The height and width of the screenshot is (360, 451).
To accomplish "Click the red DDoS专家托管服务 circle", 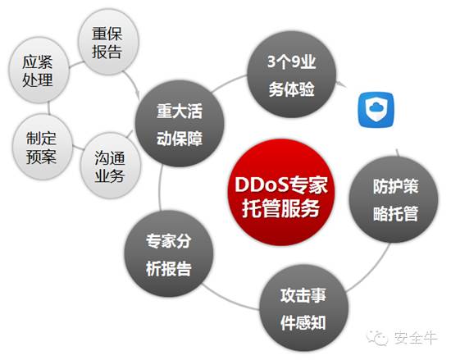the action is click(x=280, y=192).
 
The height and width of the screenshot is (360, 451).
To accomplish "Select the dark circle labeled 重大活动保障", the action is click(x=180, y=124).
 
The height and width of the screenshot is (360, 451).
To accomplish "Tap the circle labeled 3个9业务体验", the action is click(x=292, y=74).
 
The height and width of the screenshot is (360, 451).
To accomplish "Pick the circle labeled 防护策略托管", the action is click(x=394, y=199).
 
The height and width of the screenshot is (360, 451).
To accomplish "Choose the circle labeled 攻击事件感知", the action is click(x=303, y=308).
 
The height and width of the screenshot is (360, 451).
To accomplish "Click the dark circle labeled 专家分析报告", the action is click(x=169, y=254).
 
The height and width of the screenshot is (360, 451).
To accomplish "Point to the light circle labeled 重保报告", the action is click(x=108, y=42).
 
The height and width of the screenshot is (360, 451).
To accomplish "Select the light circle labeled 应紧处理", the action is click(x=39, y=71).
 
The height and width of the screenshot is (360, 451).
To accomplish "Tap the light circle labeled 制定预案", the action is click(x=43, y=147).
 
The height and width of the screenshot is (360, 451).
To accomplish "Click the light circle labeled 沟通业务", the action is click(x=111, y=166).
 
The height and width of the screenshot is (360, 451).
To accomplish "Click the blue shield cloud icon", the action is click(x=376, y=109).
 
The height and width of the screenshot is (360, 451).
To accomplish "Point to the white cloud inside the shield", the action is click(x=376, y=107).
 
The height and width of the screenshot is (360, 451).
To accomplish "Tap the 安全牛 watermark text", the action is click(x=416, y=337).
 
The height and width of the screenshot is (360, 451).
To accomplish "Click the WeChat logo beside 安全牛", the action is click(x=377, y=337).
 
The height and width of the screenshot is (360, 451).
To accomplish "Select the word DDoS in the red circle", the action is click(x=262, y=184).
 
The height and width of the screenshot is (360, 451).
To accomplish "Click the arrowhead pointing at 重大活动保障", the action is click(x=138, y=95).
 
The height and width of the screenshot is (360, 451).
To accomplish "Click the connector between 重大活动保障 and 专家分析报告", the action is click(x=160, y=189).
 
